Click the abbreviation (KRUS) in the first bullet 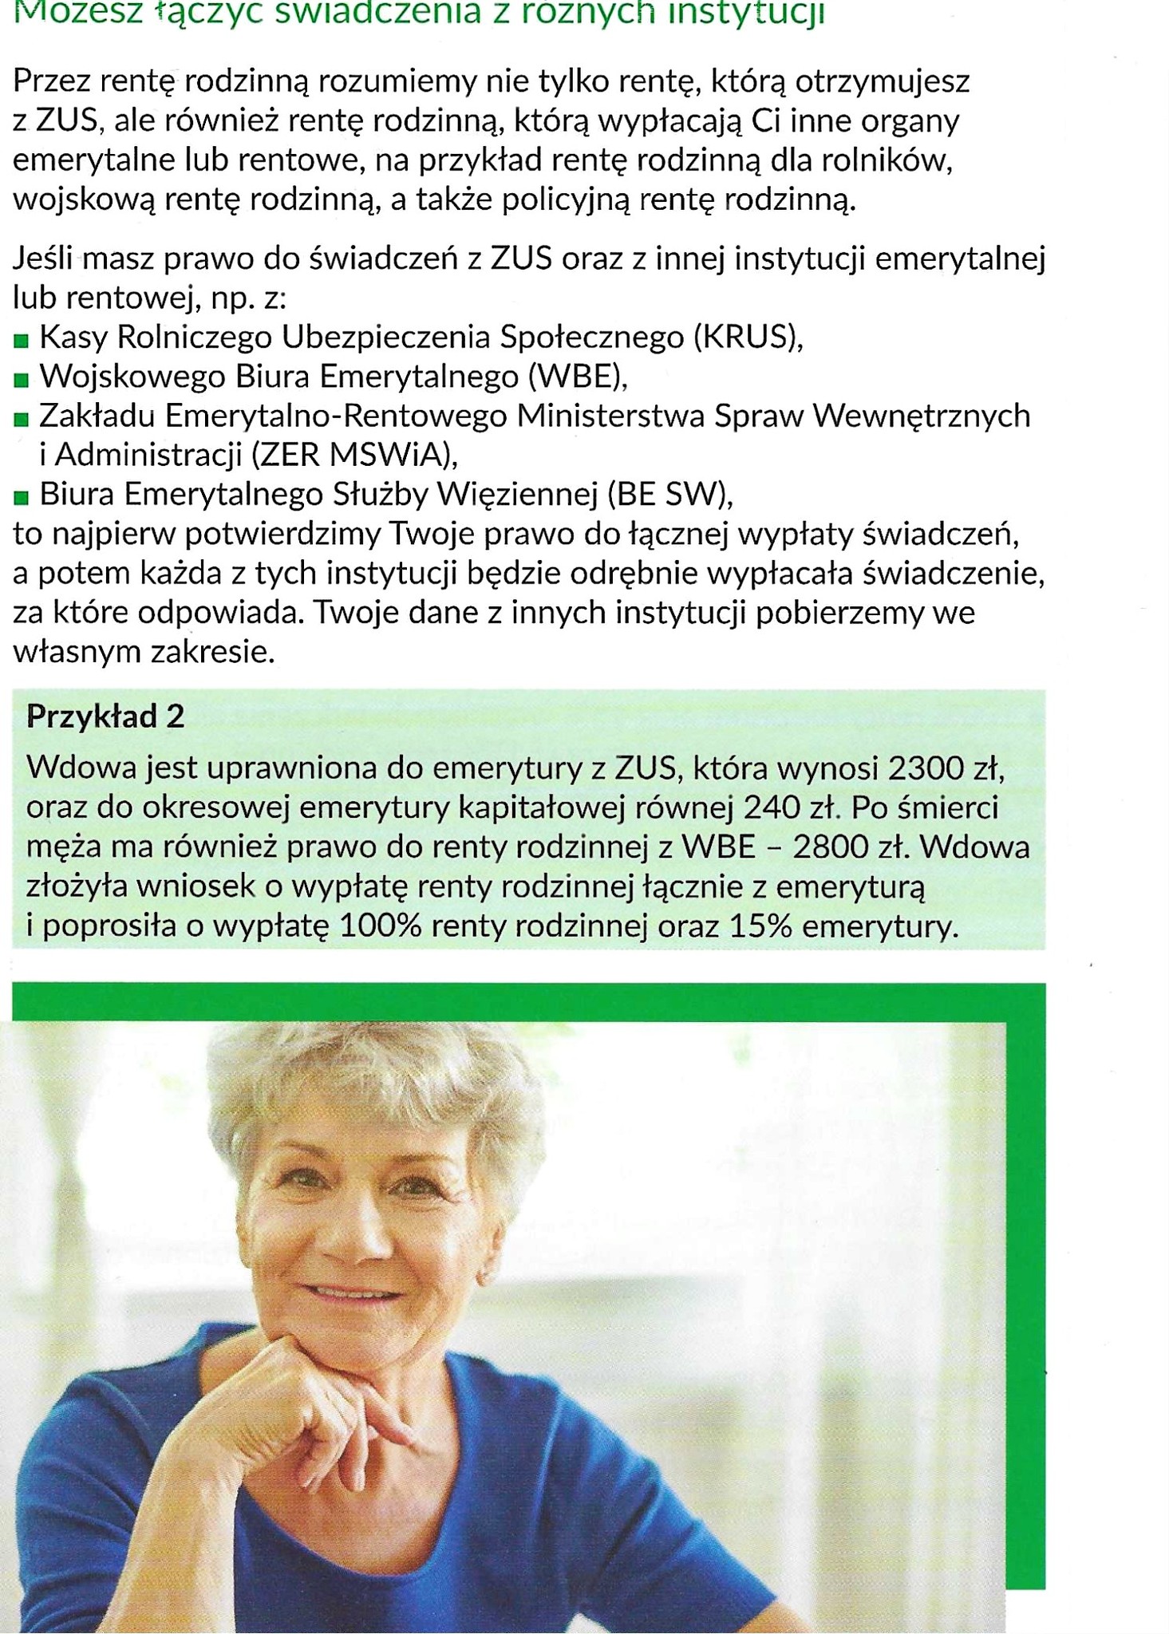tap(748, 337)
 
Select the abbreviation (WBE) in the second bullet tap(578, 377)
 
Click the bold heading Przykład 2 tap(105, 716)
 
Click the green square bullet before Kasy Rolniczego tap(22, 341)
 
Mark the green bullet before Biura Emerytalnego tap(22, 499)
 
